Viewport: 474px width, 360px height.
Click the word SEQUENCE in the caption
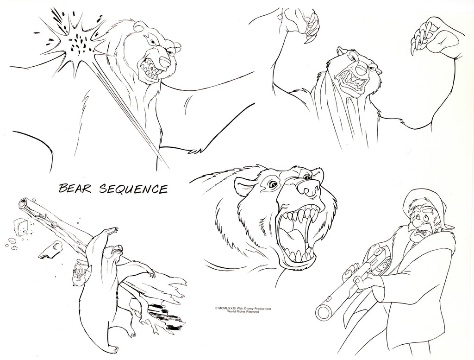[133, 189]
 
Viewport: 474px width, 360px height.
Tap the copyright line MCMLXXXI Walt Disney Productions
[243, 309]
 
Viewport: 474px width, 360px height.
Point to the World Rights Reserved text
[243, 312]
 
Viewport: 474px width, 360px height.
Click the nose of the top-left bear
[165, 62]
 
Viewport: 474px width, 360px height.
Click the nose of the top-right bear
[360, 69]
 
